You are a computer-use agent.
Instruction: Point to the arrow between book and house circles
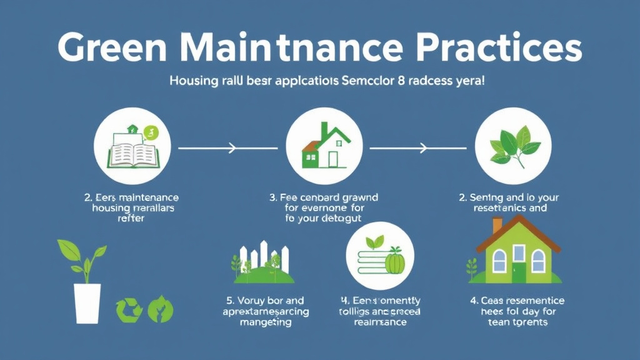(x=207, y=149)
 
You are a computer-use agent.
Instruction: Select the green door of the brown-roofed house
(x=519, y=272)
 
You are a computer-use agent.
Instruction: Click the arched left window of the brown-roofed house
(x=499, y=260)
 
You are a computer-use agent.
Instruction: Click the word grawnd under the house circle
(x=356, y=197)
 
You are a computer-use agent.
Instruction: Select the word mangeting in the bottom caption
(x=266, y=322)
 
